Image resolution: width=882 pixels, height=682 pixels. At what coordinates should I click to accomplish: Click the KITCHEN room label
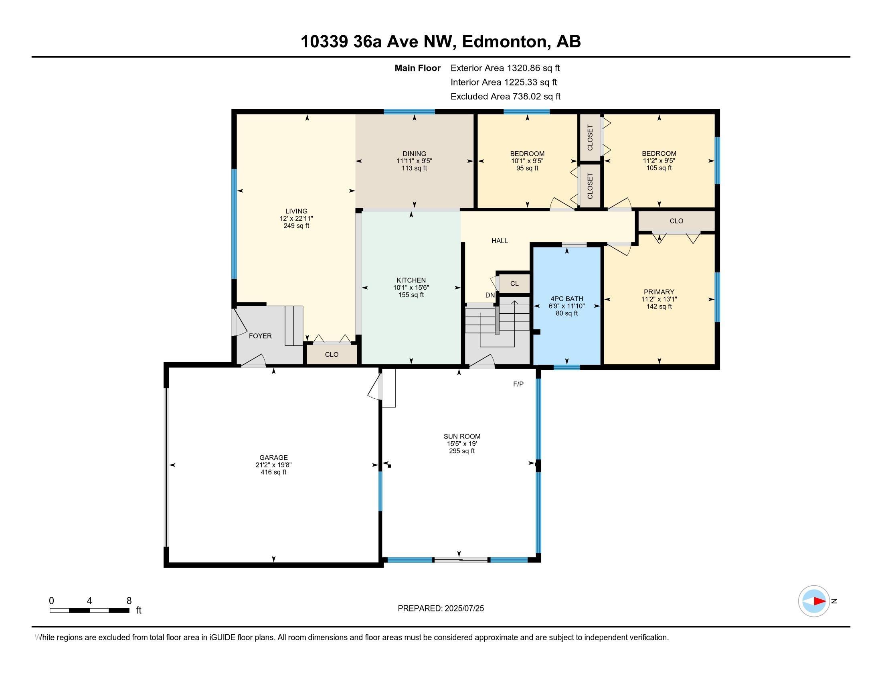pyautogui.click(x=411, y=280)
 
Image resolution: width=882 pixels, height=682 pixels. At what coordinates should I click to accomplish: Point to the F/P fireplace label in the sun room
pyautogui.click(x=518, y=384)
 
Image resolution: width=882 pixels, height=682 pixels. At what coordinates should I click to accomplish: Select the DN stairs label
pyautogui.click(x=490, y=295)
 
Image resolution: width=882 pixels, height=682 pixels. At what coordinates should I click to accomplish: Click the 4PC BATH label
pyautogui.click(x=566, y=299)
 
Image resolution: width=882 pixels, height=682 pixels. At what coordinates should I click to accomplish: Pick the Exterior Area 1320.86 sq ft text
pyautogui.click(x=505, y=68)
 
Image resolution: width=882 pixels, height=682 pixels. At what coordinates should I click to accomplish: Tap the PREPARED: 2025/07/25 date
pyautogui.click(x=441, y=609)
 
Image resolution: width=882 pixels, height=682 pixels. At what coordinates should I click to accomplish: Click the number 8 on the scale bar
pyautogui.click(x=129, y=601)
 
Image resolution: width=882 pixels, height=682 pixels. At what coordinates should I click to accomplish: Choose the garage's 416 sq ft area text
pyautogui.click(x=273, y=472)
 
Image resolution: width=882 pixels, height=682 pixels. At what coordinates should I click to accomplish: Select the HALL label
pyautogui.click(x=500, y=241)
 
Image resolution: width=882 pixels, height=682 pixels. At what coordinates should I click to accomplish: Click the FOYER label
pyautogui.click(x=260, y=336)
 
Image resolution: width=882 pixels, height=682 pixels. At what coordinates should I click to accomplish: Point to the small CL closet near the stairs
pyautogui.click(x=514, y=284)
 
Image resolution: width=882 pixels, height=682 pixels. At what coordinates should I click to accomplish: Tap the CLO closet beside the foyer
pyautogui.click(x=332, y=354)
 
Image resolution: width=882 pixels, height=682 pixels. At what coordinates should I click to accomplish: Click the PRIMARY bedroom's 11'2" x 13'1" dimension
pyautogui.click(x=659, y=299)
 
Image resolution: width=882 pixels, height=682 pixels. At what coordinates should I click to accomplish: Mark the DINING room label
pyautogui.click(x=415, y=154)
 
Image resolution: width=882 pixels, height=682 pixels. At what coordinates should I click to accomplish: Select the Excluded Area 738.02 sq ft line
pyautogui.click(x=506, y=96)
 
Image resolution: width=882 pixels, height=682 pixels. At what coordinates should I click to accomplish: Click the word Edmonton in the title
pyautogui.click(x=506, y=42)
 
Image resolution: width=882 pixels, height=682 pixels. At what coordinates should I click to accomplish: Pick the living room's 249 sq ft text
pyautogui.click(x=296, y=226)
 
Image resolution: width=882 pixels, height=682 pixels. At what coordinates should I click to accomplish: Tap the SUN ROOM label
pyautogui.click(x=462, y=436)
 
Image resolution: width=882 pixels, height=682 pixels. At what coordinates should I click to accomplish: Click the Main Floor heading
pyautogui.click(x=418, y=68)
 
